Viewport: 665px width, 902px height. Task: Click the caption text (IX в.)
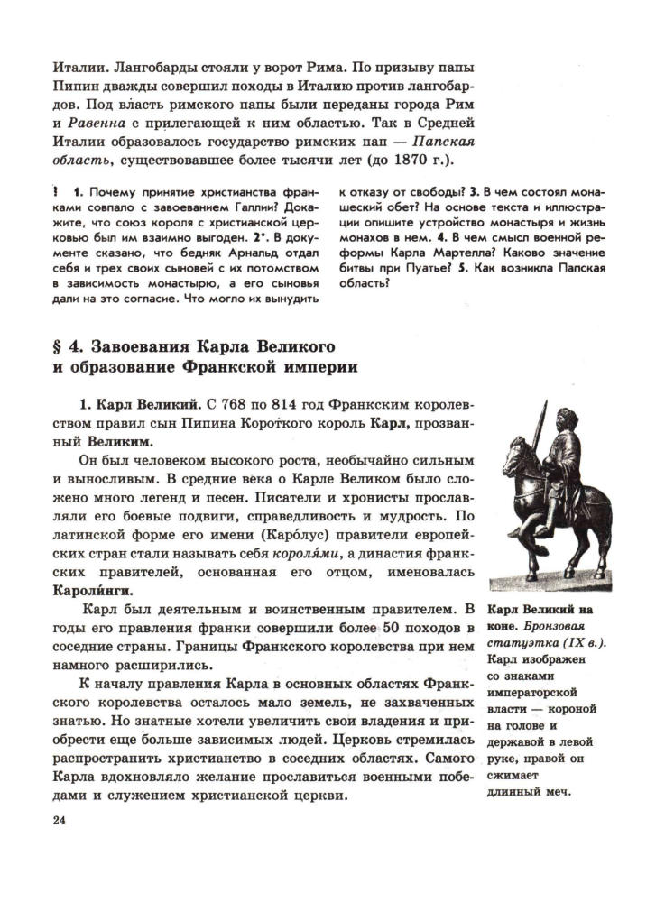coord(579,643)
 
